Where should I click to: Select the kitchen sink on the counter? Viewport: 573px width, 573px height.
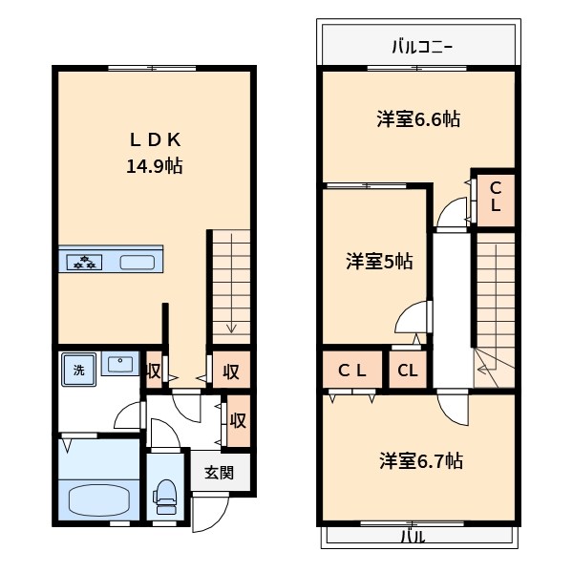pyautogui.click(x=136, y=261)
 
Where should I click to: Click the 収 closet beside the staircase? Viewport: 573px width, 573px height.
pyautogui.click(x=230, y=370)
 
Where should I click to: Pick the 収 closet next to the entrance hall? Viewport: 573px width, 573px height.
pyautogui.click(x=238, y=420)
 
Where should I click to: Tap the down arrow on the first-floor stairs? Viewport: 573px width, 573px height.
pyautogui.click(x=230, y=327)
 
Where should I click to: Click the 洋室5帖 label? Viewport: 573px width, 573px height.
pyautogui.click(x=379, y=260)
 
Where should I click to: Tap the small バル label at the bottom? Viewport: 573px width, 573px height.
pyautogui.click(x=412, y=537)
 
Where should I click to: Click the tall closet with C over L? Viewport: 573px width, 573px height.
pyautogui.click(x=496, y=198)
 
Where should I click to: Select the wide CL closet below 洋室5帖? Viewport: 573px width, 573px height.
pyautogui.click(x=352, y=371)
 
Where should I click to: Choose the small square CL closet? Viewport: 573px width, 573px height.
pyautogui.click(x=407, y=371)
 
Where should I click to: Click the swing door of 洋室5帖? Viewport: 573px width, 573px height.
pyautogui.click(x=413, y=320)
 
